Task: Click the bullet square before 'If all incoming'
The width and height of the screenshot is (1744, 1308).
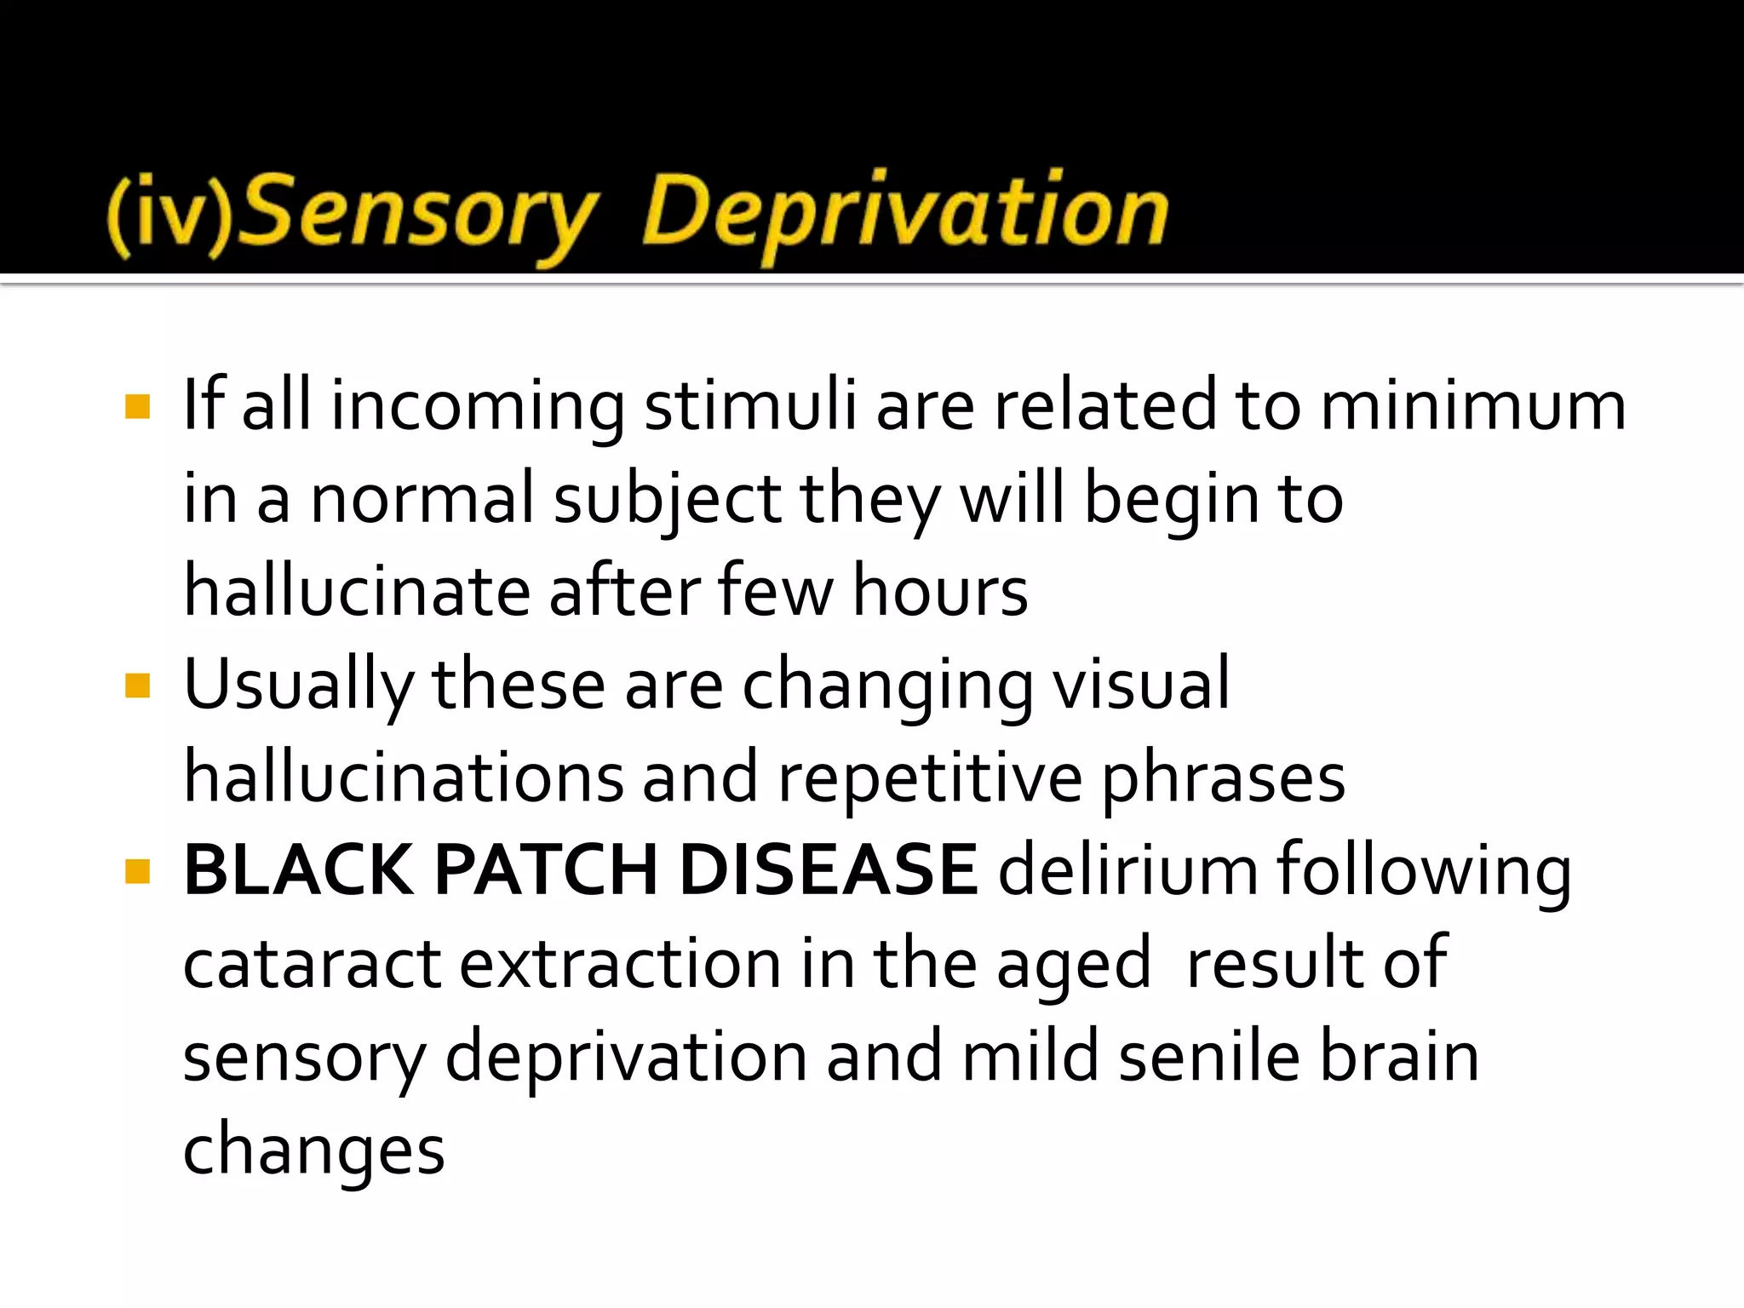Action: point(137,406)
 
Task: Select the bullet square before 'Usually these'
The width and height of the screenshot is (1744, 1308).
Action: point(137,685)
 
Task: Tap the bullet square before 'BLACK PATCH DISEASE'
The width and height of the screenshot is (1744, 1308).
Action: point(137,870)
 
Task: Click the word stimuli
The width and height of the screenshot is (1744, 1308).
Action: point(750,406)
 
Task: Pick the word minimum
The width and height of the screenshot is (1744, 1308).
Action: point(1472,406)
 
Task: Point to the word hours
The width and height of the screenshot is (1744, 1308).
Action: point(940,591)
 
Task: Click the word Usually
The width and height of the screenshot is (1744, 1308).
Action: point(298,685)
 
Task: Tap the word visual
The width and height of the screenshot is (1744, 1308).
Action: point(1142,685)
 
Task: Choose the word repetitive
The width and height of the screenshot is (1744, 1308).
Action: point(930,777)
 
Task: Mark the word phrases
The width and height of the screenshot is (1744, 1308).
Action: point(1224,777)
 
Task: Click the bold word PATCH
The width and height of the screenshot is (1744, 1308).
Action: point(546,870)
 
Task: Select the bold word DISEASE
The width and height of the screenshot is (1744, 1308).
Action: point(828,870)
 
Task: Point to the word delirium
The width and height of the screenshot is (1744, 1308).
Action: point(1127,870)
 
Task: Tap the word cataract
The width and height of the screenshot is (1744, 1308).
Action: point(313,964)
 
